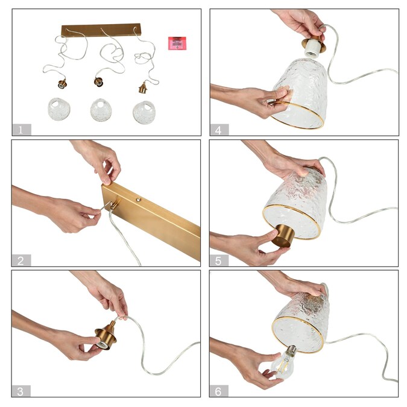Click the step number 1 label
22,130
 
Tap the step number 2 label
21,260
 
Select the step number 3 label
21,391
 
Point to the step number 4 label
219,130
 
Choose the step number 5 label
219,260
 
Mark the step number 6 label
219,391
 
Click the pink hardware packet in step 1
177,43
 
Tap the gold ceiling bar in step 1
101,30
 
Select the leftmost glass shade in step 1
59,109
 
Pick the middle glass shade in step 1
101,110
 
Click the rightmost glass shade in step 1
144,112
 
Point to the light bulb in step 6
283,362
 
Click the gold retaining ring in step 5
282,236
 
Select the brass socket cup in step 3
106,336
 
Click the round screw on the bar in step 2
138,200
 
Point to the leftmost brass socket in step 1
62,84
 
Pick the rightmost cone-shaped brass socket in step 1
142,88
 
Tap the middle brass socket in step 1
99,82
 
